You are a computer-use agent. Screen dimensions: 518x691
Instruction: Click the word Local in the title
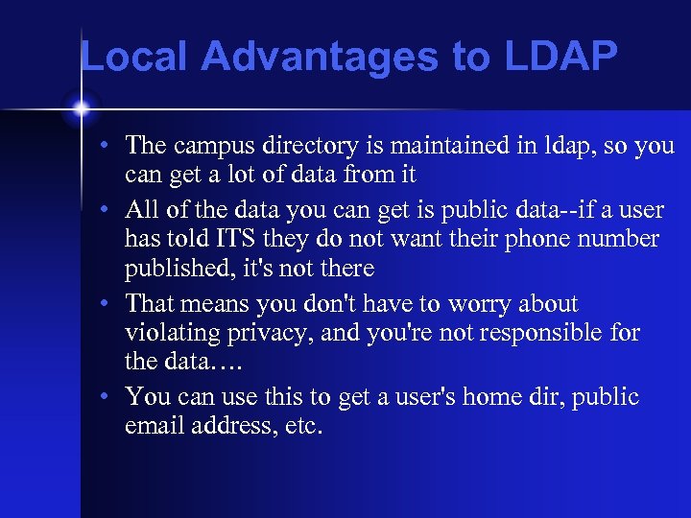coord(135,57)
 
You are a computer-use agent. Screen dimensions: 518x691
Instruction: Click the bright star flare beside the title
coord(81,107)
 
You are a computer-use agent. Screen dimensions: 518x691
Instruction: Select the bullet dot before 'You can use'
coord(112,397)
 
